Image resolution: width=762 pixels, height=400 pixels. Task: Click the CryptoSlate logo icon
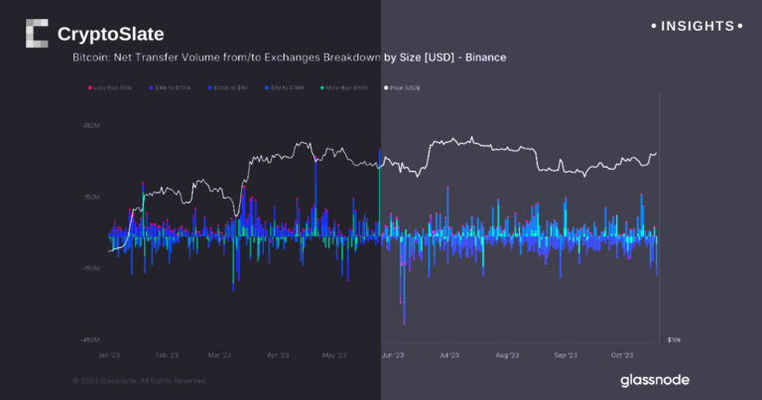coord(36,34)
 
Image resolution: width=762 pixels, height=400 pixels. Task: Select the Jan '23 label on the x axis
coord(109,354)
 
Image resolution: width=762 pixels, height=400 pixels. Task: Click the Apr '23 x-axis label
coord(278,354)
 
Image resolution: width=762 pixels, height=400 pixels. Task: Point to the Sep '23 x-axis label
coord(566,354)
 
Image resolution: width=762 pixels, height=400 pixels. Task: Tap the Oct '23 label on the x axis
coord(622,354)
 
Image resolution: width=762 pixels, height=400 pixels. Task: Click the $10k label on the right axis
coord(674,339)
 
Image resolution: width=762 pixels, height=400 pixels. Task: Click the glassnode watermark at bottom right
coord(654,380)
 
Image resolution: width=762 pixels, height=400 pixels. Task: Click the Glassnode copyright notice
coord(140,380)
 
